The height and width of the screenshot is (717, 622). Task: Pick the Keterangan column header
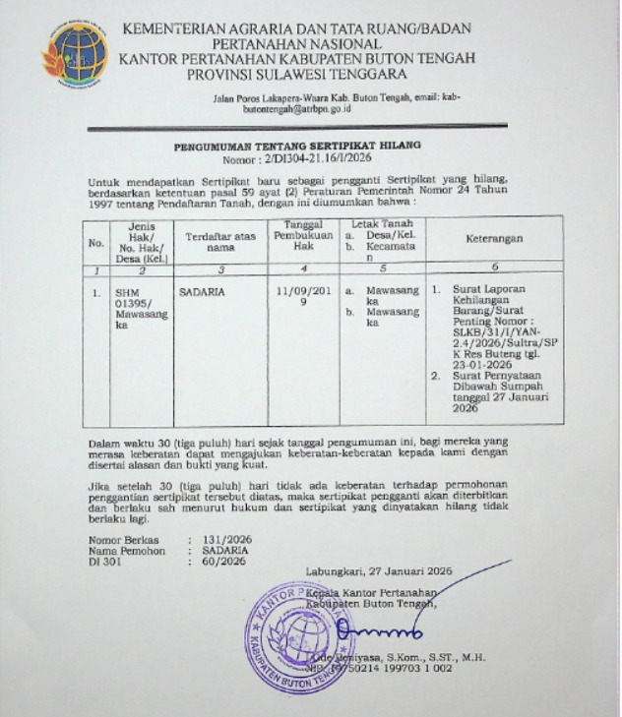point(495,238)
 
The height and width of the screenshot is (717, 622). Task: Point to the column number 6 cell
point(495,267)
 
